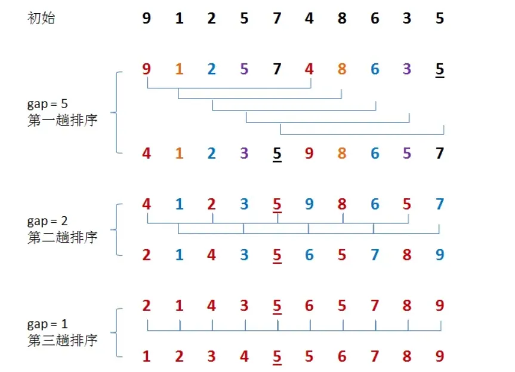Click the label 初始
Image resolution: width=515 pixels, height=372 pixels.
(41, 18)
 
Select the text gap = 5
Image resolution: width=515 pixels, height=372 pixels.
(47, 104)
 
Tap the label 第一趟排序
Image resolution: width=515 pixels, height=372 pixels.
(62, 118)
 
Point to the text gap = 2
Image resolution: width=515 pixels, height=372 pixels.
(47, 222)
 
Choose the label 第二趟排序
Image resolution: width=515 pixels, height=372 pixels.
(62, 236)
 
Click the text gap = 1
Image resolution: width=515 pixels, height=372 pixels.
(47, 325)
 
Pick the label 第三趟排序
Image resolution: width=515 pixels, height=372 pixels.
(62, 340)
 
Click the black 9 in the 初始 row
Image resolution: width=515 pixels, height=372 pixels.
(147, 19)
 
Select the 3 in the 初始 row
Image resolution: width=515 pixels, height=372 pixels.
(407, 19)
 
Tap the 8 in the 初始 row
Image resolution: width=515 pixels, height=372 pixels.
(342, 19)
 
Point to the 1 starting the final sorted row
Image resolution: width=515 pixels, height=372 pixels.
(147, 356)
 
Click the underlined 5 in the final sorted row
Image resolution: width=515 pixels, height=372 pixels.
(277, 357)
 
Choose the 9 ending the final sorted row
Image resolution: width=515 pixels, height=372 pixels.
(440, 356)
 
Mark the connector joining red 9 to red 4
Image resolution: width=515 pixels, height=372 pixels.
(229, 89)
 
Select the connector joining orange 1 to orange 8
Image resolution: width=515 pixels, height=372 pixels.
(260, 99)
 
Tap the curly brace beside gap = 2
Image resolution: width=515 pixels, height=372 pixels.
(117, 229)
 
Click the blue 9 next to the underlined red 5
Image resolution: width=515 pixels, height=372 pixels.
(309, 205)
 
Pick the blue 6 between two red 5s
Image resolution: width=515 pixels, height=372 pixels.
(309, 255)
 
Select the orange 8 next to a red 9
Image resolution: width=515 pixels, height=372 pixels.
(342, 153)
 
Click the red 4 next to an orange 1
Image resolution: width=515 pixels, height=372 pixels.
(147, 153)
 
